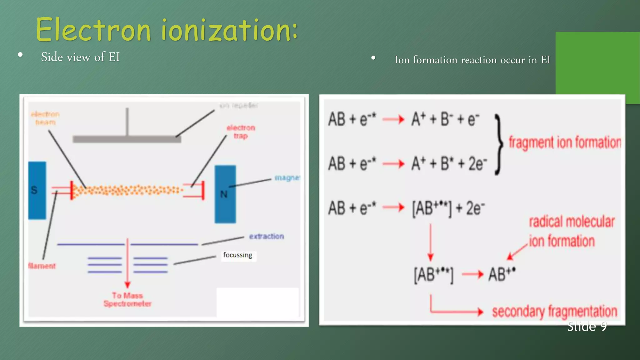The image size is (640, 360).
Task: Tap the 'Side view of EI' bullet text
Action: [80, 57]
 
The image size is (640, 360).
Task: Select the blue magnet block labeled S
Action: [37, 190]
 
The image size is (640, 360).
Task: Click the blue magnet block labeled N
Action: [225, 194]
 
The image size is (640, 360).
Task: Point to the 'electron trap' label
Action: [241, 132]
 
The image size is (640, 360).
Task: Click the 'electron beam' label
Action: [45, 118]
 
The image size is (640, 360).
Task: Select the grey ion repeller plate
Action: [127, 139]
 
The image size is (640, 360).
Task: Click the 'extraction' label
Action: [267, 236]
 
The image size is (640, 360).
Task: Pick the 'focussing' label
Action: [237, 255]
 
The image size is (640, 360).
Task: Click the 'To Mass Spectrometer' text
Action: [127, 299]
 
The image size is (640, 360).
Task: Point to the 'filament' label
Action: [42, 266]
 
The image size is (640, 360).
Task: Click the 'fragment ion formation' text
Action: [565, 142]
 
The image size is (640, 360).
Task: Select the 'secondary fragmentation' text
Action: [555, 312]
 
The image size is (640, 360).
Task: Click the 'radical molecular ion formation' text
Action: [571, 231]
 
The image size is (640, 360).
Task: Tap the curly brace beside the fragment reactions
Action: [499, 144]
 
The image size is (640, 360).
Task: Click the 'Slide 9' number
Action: [587, 327]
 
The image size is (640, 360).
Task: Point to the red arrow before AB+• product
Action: [472, 275]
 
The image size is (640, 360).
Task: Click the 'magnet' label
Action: [287, 178]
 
